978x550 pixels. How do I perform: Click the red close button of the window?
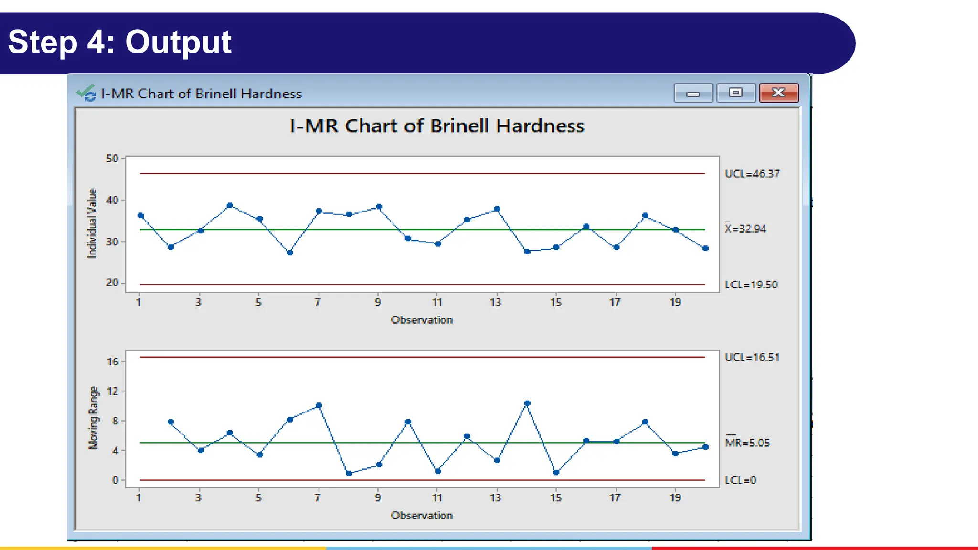[778, 93]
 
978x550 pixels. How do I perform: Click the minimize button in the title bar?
[693, 93]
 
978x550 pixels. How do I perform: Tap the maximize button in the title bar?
[736, 93]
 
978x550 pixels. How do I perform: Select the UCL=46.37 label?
[752, 174]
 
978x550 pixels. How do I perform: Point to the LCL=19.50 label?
[751, 285]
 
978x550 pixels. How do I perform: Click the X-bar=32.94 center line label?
[745, 229]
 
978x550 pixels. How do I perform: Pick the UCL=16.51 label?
[752, 357]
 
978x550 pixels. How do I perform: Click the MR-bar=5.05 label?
[747, 443]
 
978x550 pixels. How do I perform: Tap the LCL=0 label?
[740, 480]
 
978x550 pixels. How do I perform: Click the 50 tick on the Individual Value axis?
[112, 158]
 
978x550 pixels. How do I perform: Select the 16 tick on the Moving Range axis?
[113, 362]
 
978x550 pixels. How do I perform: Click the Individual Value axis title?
[92, 223]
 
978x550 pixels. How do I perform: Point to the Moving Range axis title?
[93, 418]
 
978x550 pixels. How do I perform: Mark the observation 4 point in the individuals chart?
[230, 206]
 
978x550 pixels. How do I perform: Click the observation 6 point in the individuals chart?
[290, 253]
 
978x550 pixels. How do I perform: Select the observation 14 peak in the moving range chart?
[527, 403]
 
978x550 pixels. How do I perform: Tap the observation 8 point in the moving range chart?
[349, 473]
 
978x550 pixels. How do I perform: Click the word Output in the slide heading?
[178, 42]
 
